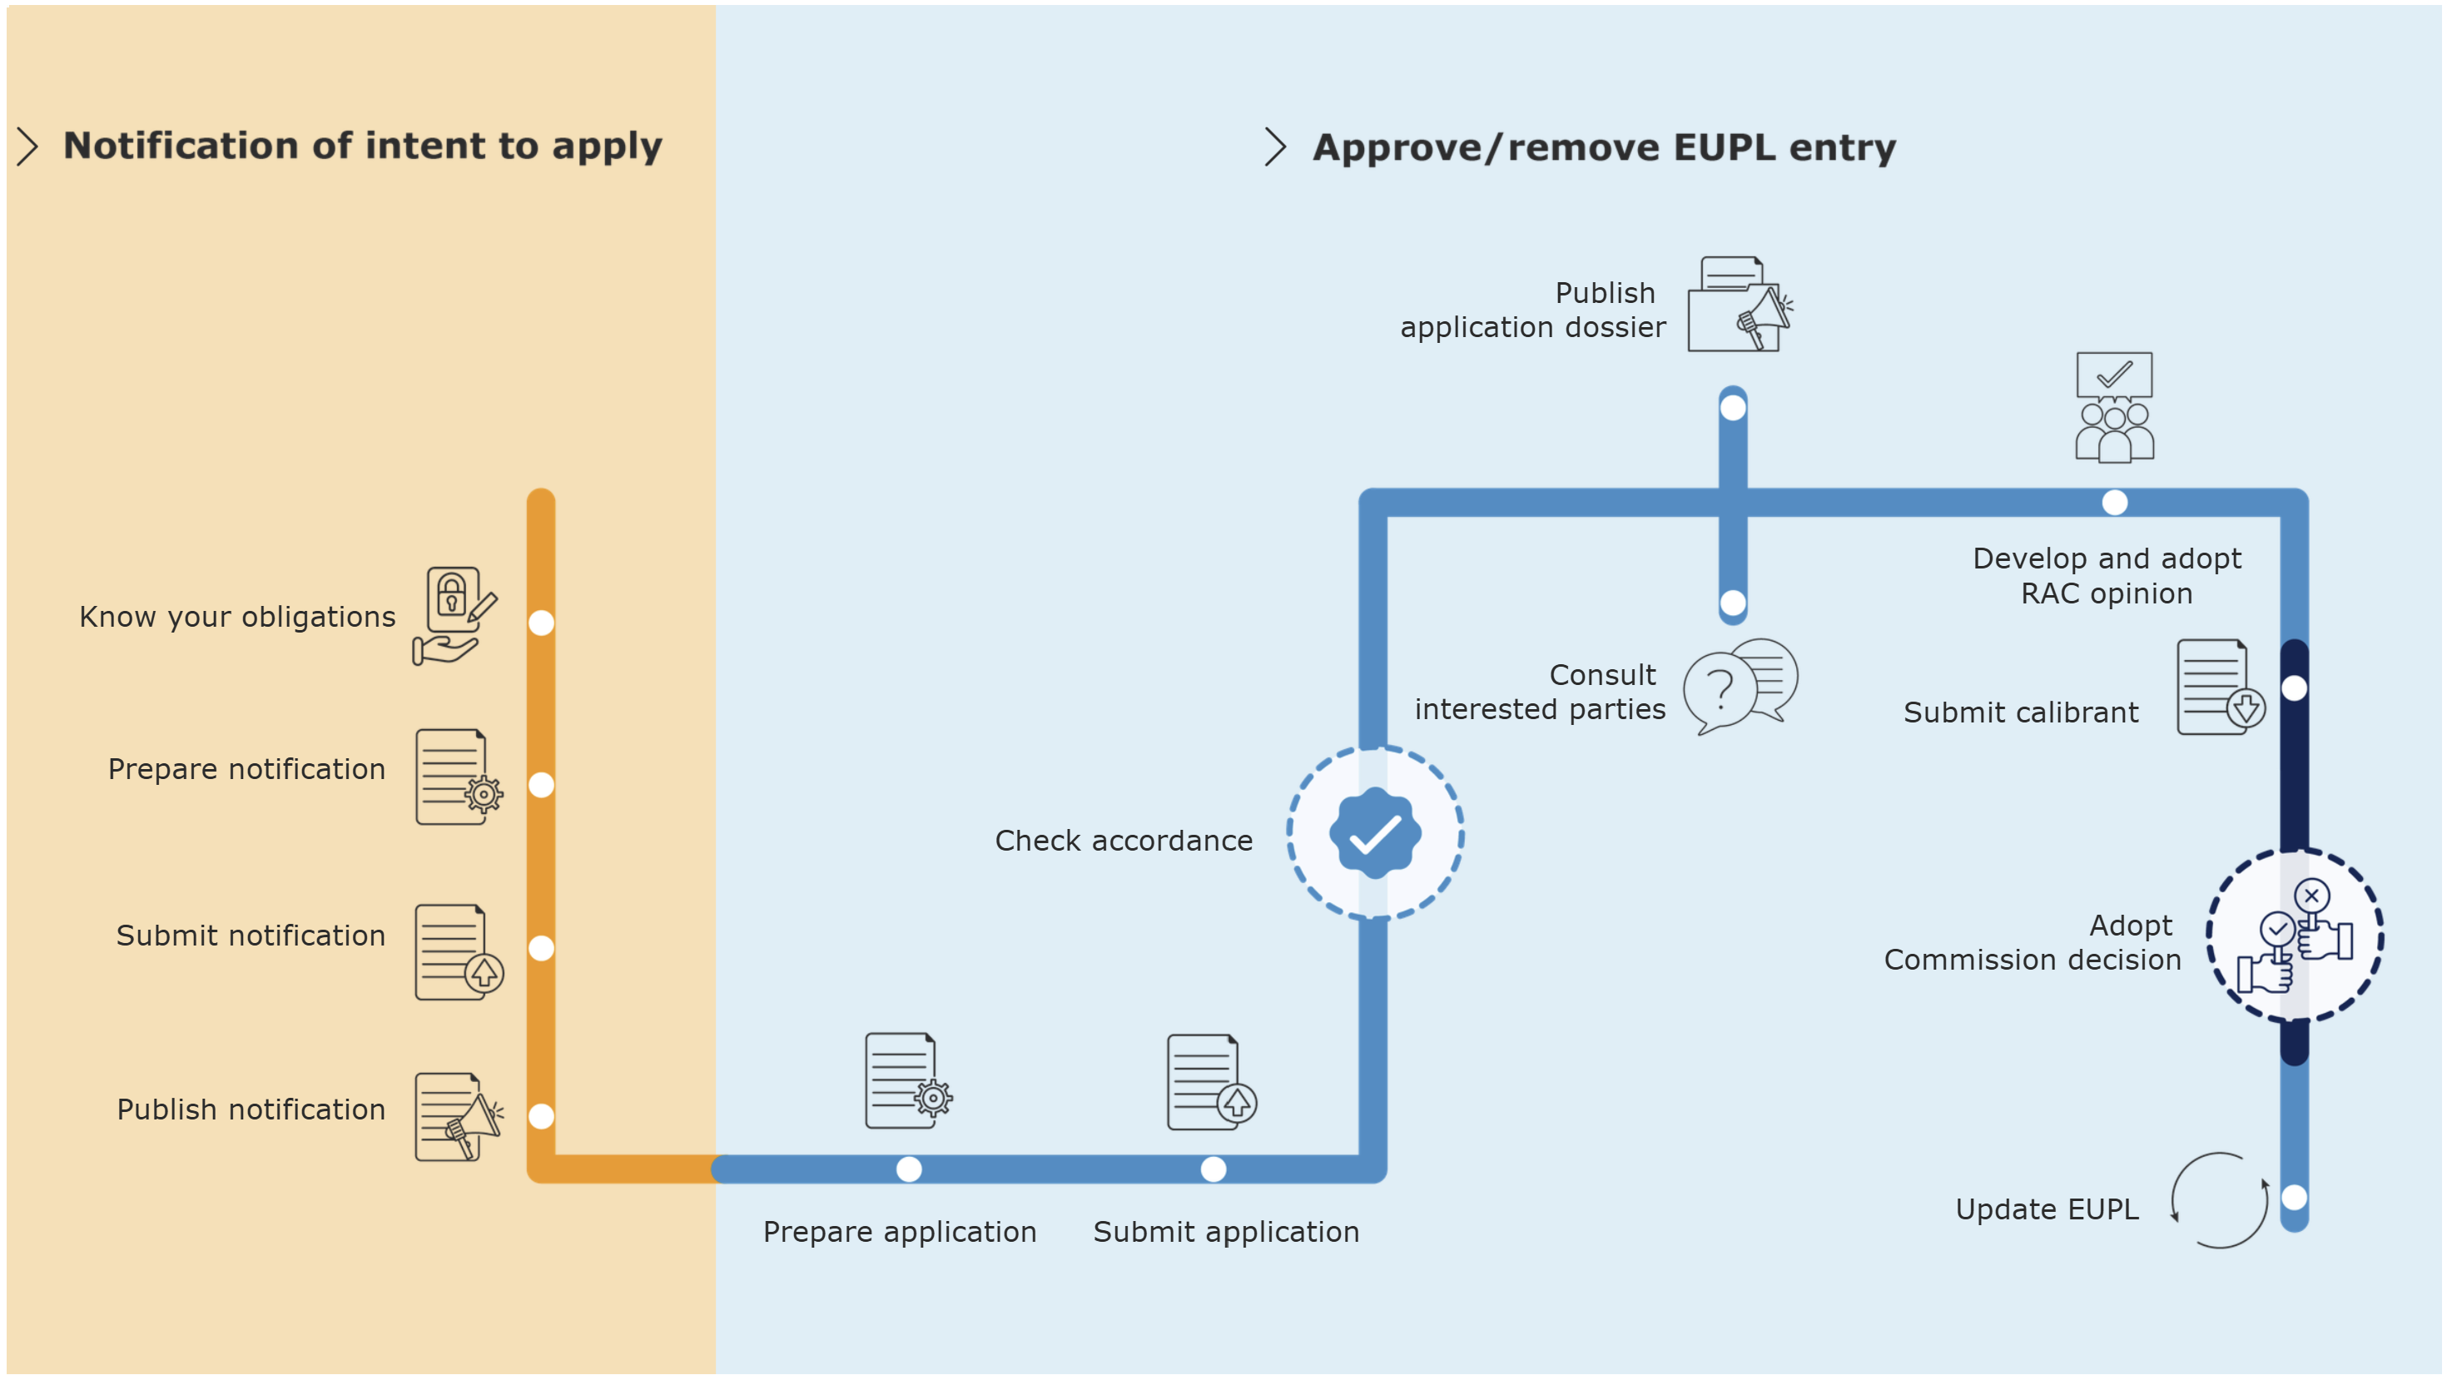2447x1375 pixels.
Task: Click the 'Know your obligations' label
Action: pos(237,617)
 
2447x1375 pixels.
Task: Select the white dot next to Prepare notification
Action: pos(542,785)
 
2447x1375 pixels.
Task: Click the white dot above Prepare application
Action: pos(909,1169)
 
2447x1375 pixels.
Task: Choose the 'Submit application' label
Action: pos(1225,1232)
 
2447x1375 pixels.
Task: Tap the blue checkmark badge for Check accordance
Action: pos(1374,833)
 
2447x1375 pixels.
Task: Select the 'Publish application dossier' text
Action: pos(1533,310)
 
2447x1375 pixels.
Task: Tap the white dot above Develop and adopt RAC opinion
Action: pos(2115,503)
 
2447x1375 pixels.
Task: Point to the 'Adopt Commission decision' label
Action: pos(2033,943)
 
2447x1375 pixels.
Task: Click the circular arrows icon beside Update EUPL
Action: pos(2219,1200)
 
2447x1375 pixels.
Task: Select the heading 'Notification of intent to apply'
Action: pos(362,146)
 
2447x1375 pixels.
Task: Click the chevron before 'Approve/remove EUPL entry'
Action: pos(1275,147)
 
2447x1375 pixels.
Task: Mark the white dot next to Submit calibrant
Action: pos(2294,688)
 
